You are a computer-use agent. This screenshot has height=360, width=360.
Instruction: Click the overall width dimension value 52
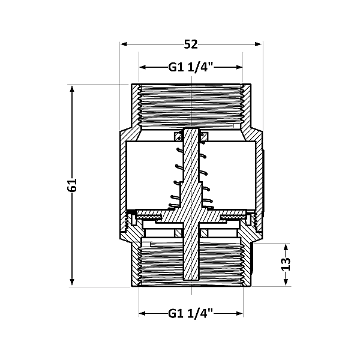[191, 44]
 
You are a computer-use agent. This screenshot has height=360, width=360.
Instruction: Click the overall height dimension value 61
[73, 185]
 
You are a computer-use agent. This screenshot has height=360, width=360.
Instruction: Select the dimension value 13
[286, 264]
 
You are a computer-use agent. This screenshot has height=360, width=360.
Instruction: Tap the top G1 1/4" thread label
[191, 68]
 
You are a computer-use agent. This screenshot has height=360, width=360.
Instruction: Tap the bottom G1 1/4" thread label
[191, 313]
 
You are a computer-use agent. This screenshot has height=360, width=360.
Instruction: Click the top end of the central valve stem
[191, 130]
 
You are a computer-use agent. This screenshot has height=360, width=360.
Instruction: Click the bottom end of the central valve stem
[191, 280]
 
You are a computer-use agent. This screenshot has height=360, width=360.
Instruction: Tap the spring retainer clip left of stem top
[178, 137]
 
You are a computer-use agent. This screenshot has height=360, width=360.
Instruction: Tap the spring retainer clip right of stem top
[204, 137]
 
